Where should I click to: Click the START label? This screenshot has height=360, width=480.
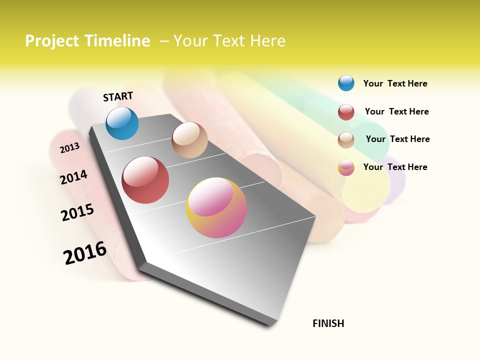(x=118, y=96)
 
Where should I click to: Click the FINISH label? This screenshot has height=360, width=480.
(x=328, y=323)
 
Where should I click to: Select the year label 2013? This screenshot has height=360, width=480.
(x=69, y=147)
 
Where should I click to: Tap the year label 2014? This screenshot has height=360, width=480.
(x=73, y=177)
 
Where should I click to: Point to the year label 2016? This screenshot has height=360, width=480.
(x=85, y=253)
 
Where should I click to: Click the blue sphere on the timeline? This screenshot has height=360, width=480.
(x=122, y=123)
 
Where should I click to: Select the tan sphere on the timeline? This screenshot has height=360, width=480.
(x=189, y=140)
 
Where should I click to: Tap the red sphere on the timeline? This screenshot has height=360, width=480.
(x=145, y=180)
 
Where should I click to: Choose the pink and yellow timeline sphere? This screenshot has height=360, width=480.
(x=216, y=207)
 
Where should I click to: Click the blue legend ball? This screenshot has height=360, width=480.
(x=346, y=83)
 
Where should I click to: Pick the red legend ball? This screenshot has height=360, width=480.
(x=346, y=112)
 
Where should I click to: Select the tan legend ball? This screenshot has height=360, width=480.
(x=346, y=140)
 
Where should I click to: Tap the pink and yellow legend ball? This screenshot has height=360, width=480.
(x=346, y=167)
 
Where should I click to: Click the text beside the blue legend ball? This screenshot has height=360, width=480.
(x=395, y=83)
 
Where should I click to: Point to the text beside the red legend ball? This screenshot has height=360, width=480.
(x=396, y=111)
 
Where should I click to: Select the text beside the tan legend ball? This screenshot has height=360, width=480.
(x=397, y=139)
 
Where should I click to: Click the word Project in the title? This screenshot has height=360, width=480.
(x=52, y=41)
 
